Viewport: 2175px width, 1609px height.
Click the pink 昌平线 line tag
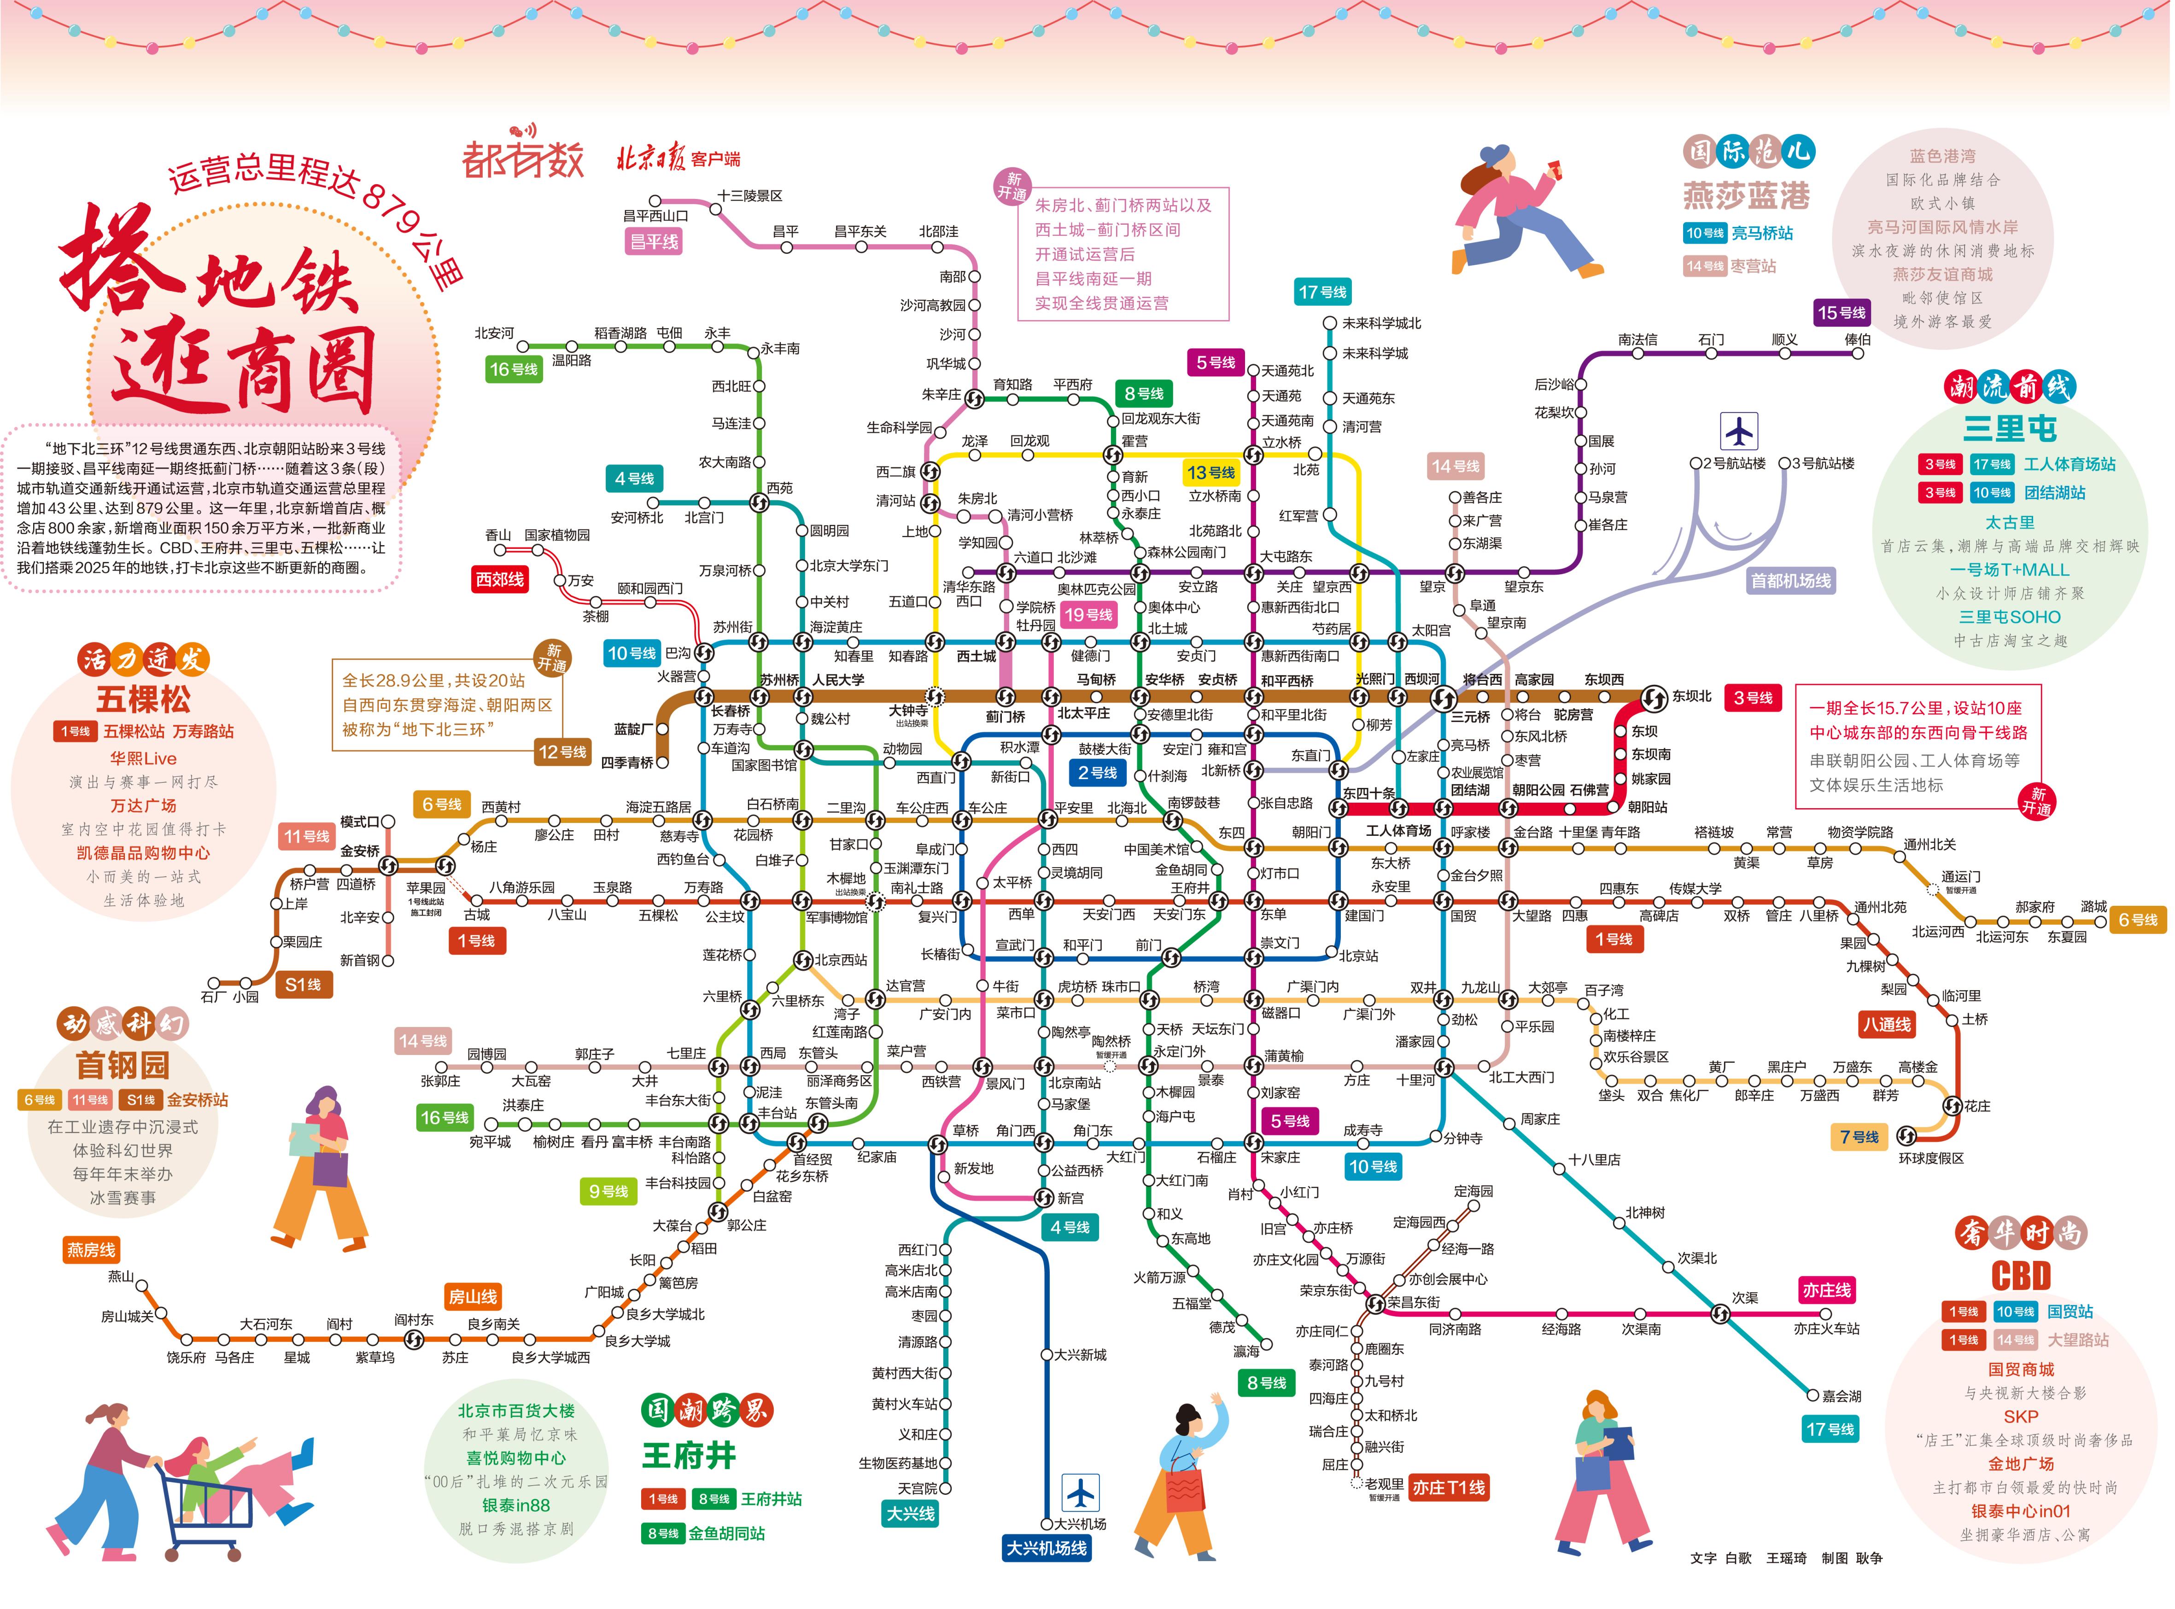(654, 242)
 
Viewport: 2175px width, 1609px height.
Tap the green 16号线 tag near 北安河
(513, 369)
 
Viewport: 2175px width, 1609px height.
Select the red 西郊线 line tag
(500, 579)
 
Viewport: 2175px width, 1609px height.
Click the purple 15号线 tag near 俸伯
(1841, 313)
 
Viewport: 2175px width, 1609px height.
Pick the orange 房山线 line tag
(473, 1296)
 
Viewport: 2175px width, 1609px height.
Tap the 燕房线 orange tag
(91, 1250)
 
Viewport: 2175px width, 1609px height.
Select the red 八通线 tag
(1887, 1025)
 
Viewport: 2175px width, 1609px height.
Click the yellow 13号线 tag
(1211, 472)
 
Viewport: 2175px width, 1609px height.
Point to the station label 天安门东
(1179, 915)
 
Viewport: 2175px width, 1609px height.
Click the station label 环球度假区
(1931, 1158)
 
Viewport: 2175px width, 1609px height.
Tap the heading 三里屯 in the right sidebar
(2008, 429)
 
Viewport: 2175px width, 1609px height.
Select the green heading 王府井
(689, 1456)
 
